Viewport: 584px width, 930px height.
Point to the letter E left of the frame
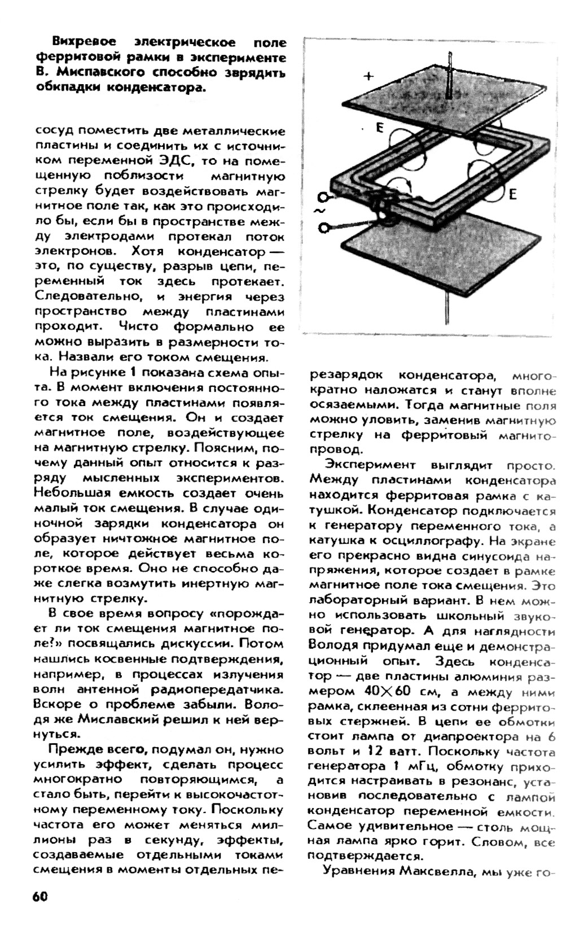pos(380,128)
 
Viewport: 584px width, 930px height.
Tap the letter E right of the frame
pos(512,195)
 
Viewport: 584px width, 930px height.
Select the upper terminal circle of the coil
pos(323,197)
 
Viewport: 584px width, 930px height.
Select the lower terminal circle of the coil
pos(323,227)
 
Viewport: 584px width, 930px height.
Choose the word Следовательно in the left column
pos(88,296)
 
